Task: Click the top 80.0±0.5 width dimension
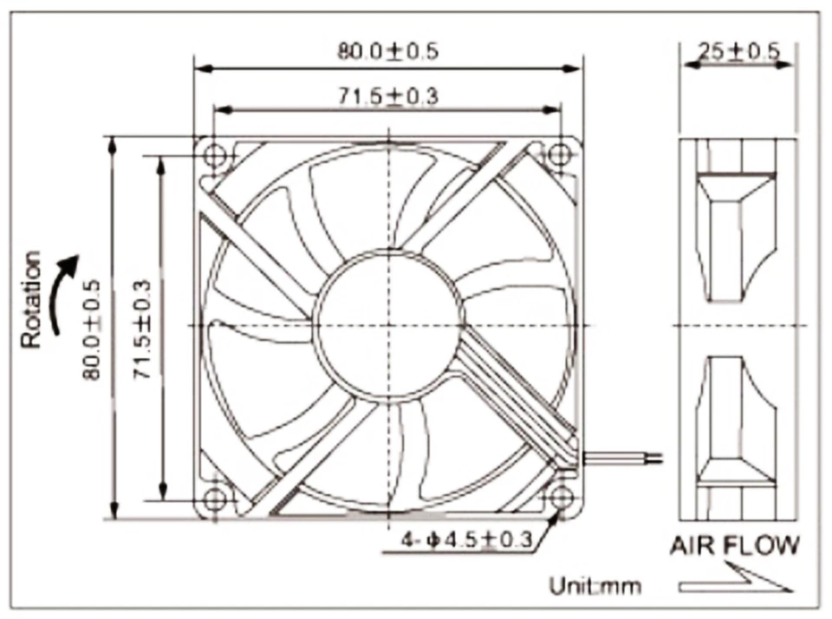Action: pyautogui.click(x=387, y=50)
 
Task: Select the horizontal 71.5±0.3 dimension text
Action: pyautogui.click(x=387, y=95)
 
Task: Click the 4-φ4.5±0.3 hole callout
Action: pyautogui.click(x=465, y=541)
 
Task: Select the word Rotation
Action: pyautogui.click(x=31, y=299)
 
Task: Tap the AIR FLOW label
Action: pyautogui.click(x=734, y=546)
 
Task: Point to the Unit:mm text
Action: pyautogui.click(x=595, y=586)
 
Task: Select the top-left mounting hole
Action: pyautogui.click(x=213, y=153)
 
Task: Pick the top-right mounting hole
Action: pyautogui.click(x=559, y=153)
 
